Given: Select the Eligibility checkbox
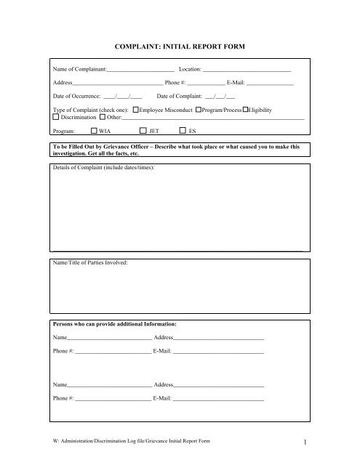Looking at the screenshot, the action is pyautogui.click(x=246, y=110).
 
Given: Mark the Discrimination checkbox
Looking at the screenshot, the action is pyautogui.click(x=57, y=117).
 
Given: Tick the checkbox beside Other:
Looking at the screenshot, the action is pyautogui.click(x=103, y=117).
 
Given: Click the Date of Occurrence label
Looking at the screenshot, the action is pyautogui.click(x=77, y=96).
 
